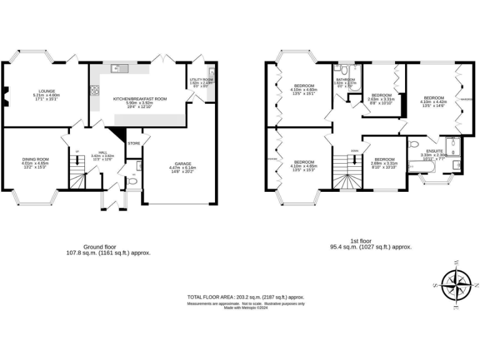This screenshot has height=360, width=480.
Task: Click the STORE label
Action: [134, 143]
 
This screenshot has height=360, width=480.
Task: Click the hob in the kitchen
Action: [95, 91]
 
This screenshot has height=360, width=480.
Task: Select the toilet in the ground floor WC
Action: [132, 181]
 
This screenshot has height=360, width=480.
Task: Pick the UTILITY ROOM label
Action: [201, 80]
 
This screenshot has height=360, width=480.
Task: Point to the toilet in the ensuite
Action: [413, 144]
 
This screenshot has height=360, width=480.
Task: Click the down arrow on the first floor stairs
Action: [354, 161]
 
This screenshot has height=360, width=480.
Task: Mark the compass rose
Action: [461, 284]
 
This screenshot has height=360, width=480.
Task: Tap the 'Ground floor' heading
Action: [100, 247]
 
